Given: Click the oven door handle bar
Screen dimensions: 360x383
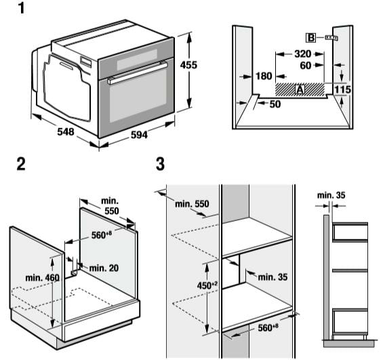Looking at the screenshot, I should coord(136,73).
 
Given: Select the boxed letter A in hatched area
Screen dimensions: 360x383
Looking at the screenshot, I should coord(299,88).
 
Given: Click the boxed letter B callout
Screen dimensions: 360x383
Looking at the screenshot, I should coord(311,37).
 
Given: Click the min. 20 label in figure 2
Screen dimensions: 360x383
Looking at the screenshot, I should coord(103,268).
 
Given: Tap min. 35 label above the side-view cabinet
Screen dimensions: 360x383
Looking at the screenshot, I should coord(331,197).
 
